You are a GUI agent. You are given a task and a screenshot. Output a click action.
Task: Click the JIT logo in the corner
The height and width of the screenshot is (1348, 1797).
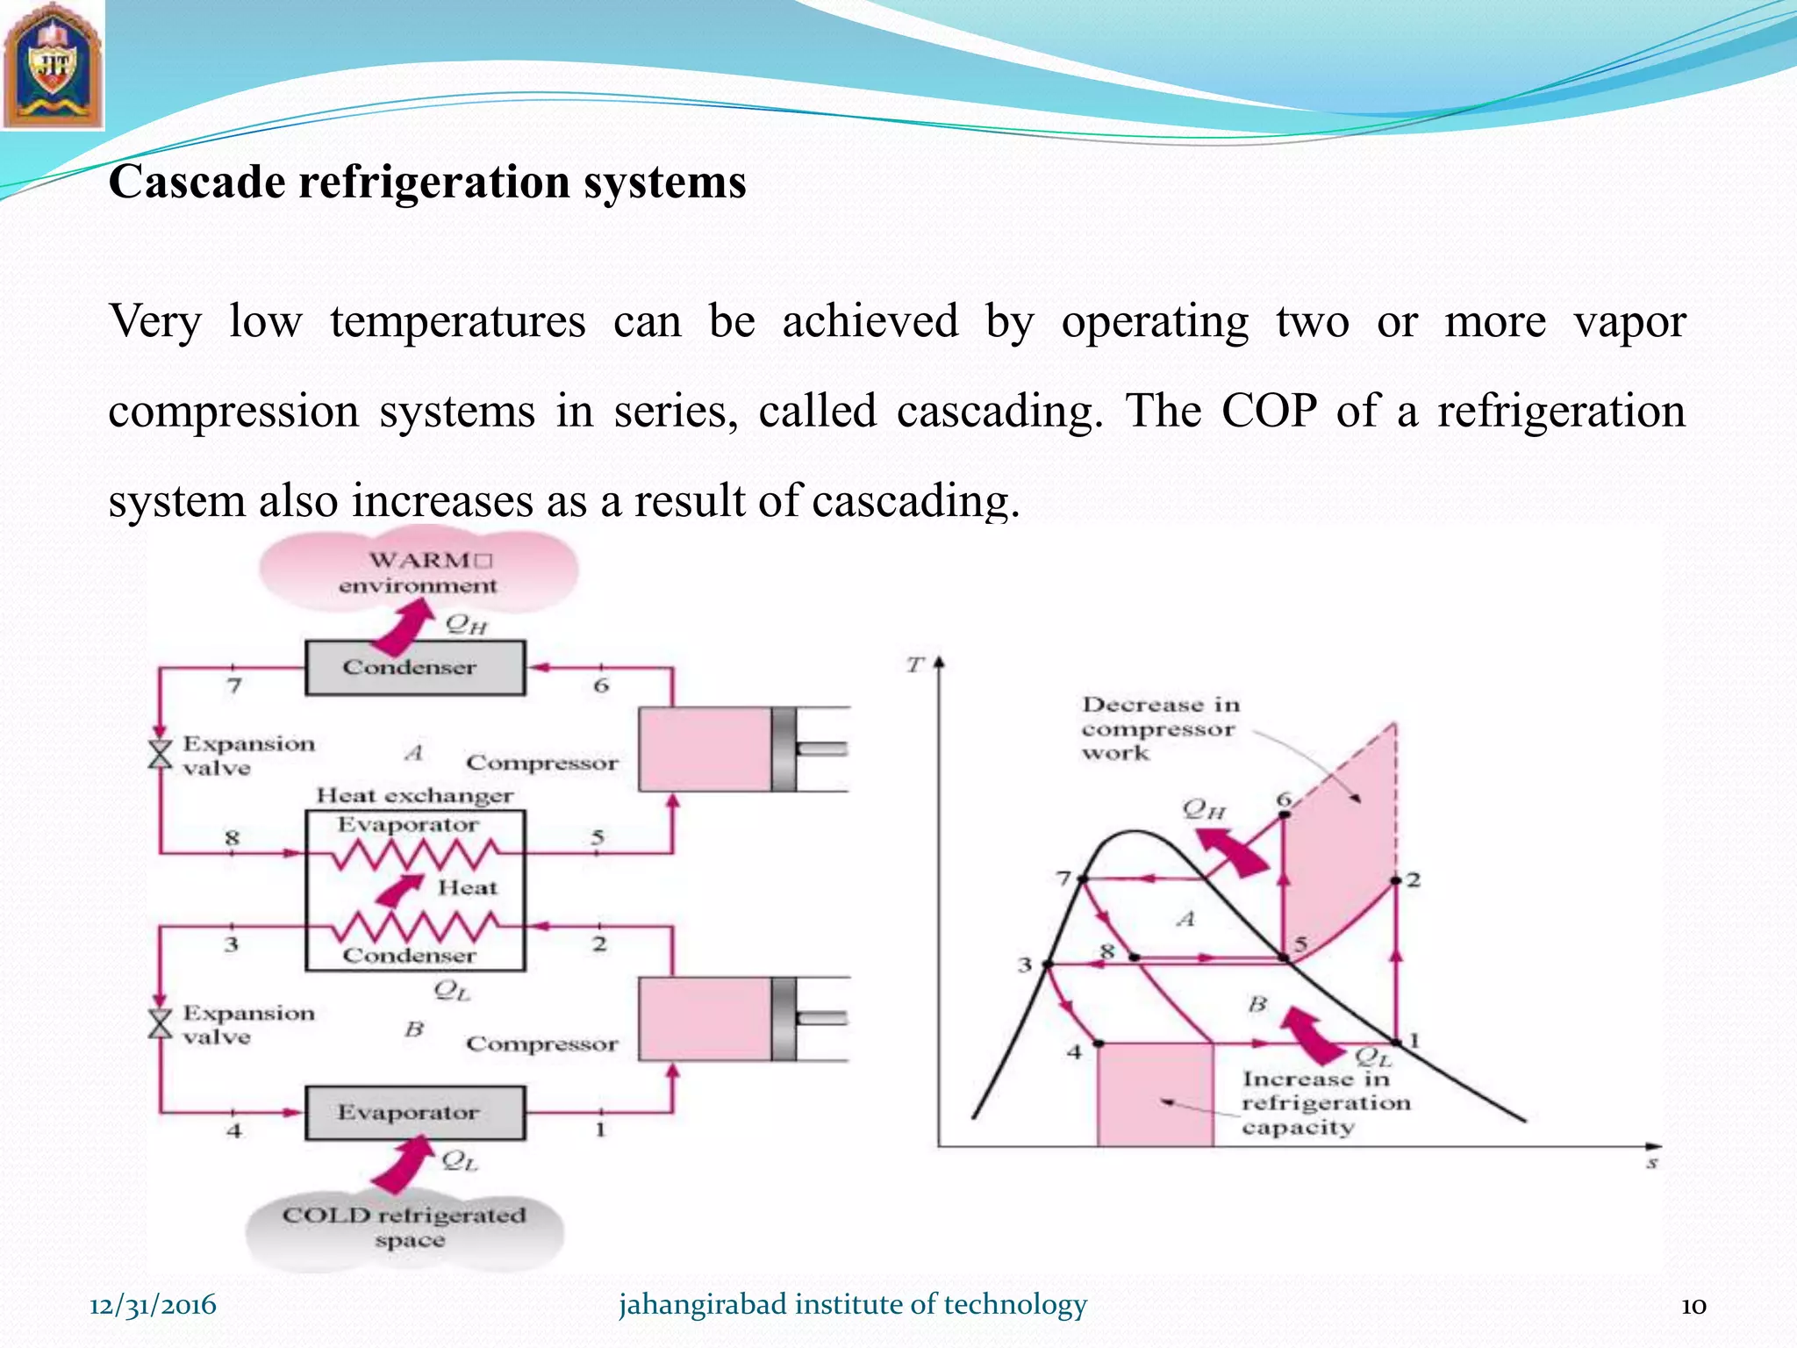(x=53, y=66)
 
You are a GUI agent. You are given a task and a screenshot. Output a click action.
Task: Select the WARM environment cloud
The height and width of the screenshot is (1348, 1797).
(x=419, y=572)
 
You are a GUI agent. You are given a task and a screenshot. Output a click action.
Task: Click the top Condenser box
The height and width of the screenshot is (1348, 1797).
(x=415, y=668)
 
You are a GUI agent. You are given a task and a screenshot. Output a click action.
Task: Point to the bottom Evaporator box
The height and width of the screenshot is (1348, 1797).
(x=415, y=1113)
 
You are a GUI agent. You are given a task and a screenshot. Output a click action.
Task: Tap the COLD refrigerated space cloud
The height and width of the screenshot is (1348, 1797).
(x=405, y=1228)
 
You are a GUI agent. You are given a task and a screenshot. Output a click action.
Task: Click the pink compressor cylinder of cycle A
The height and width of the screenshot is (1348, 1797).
(x=705, y=749)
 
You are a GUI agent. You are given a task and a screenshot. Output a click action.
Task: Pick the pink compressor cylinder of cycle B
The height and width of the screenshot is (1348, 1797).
(x=705, y=1019)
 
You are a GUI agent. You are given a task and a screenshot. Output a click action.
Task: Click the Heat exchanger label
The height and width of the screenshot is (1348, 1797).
(x=414, y=796)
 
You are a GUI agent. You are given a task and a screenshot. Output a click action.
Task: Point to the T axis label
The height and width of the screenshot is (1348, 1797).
(x=915, y=665)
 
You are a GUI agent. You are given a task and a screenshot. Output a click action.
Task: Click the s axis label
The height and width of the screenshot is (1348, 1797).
(x=1652, y=1164)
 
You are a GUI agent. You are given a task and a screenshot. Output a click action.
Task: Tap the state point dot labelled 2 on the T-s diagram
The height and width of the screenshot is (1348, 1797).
(x=1397, y=880)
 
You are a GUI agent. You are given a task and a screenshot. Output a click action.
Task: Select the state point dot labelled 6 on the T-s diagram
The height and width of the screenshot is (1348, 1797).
(x=1285, y=814)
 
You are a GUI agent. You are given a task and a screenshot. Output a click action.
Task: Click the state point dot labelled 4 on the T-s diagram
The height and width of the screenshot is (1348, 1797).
(x=1099, y=1043)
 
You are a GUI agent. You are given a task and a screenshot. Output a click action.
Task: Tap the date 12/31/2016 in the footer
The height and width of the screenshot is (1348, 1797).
(x=153, y=1305)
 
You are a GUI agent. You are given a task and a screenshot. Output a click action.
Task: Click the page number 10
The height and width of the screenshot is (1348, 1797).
(x=1693, y=1306)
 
